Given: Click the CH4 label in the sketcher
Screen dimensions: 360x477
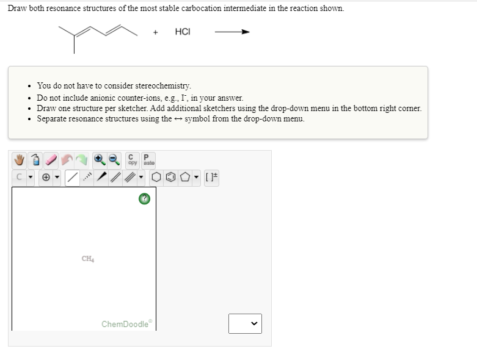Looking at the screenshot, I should coord(87,259).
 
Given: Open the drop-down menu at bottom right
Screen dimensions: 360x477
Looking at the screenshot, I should coord(245,323).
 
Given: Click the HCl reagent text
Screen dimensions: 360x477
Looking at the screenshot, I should coord(183,32).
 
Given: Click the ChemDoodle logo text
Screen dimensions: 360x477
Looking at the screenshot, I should coord(125,323).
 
